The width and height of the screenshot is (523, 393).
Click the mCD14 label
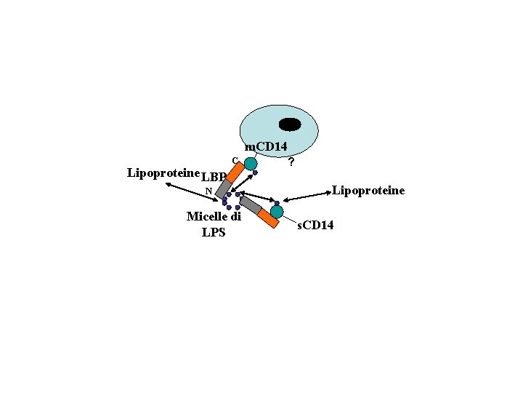270,148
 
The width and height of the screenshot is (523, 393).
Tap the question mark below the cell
291,162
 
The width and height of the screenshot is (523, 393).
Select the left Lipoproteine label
163,172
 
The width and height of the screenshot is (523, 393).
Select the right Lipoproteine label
368,191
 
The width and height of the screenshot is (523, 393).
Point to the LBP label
214,177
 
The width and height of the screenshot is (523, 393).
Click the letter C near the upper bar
235,159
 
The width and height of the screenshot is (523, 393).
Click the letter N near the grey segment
208,191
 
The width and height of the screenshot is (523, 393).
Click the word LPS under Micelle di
214,233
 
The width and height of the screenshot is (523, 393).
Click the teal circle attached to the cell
251,164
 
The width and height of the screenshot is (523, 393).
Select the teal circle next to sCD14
276,212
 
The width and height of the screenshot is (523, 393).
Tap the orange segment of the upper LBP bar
235,172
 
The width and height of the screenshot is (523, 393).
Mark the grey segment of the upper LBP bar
223,188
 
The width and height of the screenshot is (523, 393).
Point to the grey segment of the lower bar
251,205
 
